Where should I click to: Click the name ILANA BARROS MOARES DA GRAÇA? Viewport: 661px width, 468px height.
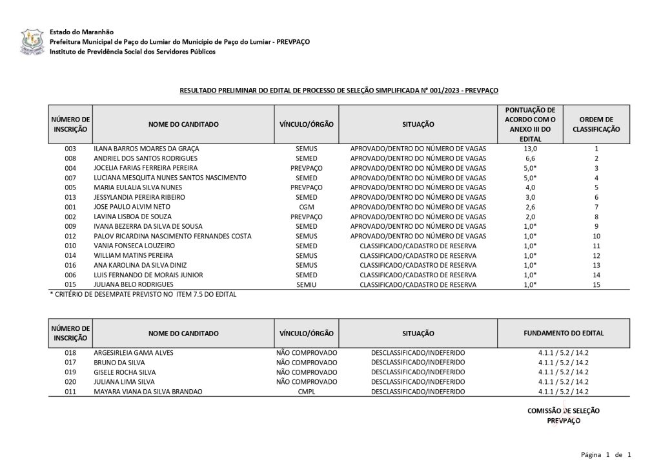148,149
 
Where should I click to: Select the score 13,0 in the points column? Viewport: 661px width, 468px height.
529,149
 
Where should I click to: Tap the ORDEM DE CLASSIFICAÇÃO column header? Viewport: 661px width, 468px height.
596,124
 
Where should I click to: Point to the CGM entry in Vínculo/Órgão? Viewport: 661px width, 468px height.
306,207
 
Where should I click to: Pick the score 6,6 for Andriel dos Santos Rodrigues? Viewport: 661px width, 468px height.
529,158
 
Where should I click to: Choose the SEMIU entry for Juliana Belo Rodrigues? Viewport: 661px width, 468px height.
306,284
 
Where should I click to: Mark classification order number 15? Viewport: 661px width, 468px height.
596,284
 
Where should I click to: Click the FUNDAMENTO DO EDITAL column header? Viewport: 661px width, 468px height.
563,334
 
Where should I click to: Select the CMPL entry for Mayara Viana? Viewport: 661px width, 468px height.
306,392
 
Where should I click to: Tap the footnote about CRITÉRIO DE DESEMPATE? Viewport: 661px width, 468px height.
143,295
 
